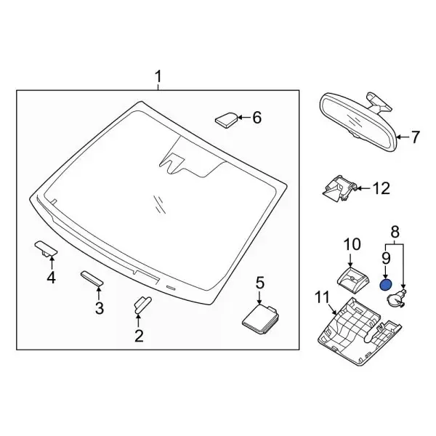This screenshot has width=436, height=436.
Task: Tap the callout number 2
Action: [x=138, y=335]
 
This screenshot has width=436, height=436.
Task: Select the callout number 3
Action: [x=100, y=308]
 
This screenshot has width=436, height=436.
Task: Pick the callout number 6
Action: [x=256, y=118]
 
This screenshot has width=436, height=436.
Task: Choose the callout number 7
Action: [x=416, y=136]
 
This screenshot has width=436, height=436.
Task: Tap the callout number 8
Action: [x=395, y=233]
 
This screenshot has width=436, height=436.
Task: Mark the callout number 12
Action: [x=381, y=189]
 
